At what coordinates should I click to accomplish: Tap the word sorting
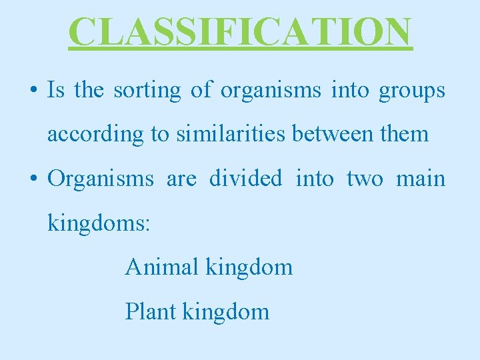147,91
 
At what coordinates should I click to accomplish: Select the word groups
412,91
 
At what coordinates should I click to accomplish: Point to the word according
95,135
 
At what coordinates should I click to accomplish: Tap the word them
404,134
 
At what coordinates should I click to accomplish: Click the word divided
245,179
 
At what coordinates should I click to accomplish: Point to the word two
365,179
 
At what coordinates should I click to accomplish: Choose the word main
421,179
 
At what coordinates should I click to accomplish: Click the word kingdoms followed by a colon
99,223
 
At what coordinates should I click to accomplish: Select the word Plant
150,311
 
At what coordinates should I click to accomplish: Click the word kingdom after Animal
249,267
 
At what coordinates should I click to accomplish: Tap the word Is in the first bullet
55,91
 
